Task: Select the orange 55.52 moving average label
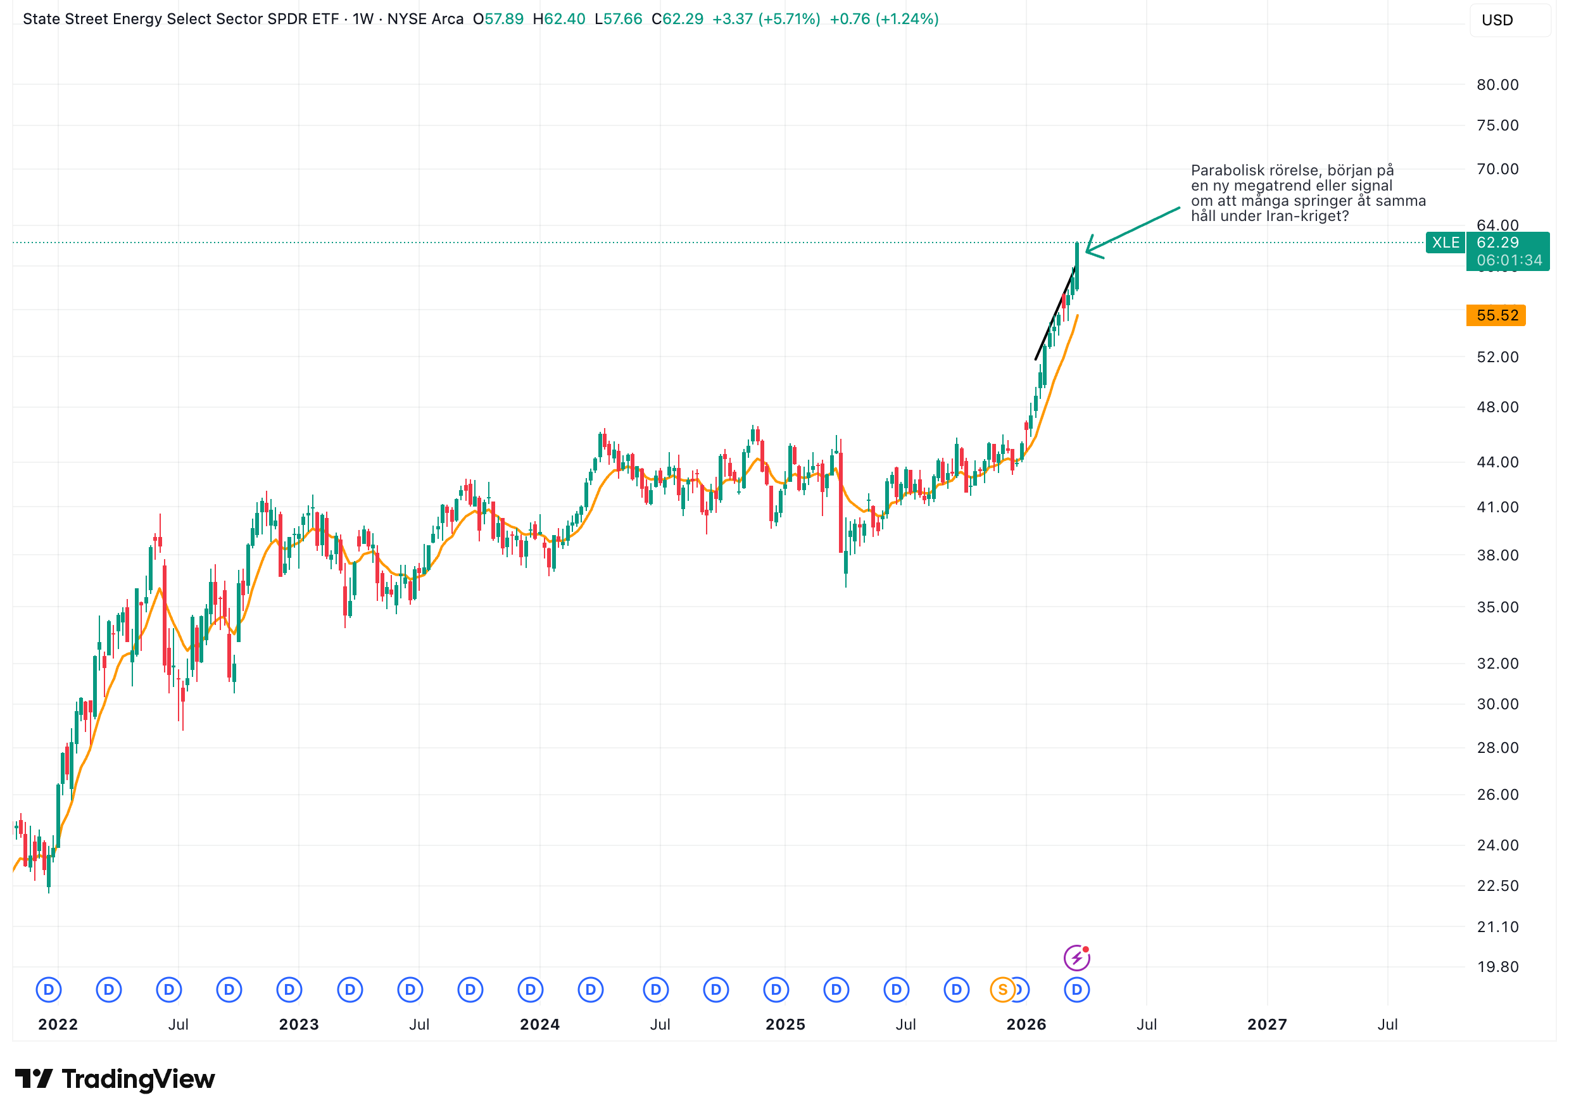[1496, 316]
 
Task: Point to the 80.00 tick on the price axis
[1497, 85]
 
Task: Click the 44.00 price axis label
[1497, 462]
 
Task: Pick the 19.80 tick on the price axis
[1497, 967]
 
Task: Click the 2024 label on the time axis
[539, 1025]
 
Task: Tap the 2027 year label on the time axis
[1266, 1025]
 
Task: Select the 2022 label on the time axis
[58, 1025]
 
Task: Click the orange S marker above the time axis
[1002, 990]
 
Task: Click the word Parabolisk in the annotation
[1223, 170]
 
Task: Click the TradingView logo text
[137, 1080]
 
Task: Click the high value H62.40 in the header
[559, 19]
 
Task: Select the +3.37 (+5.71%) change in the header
[766, 19]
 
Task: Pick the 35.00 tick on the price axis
[1497, 607]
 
